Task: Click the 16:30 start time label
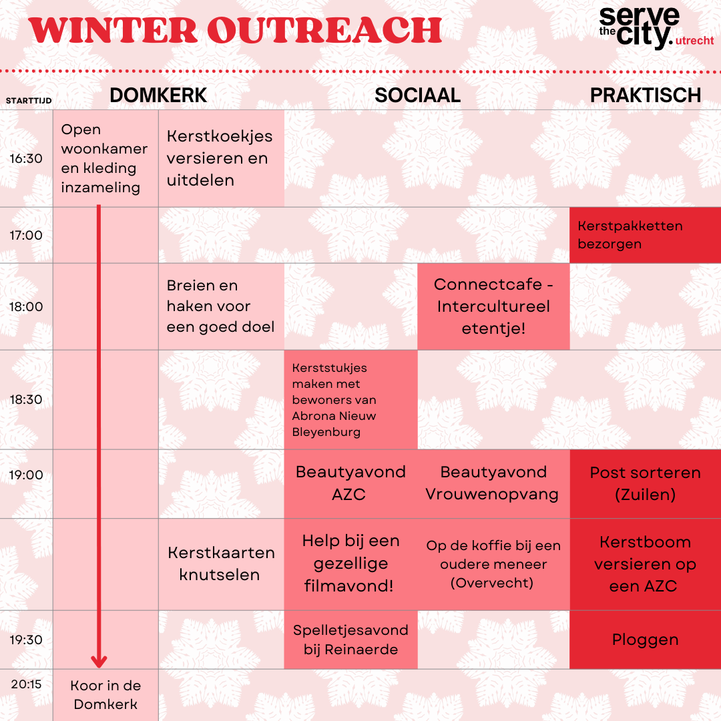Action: [26, 159]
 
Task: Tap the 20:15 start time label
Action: [26, 684]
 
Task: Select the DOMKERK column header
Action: [158, 95]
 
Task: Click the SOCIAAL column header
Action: [417, 95]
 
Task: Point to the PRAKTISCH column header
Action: [646, 95]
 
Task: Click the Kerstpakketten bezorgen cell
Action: [645, 235]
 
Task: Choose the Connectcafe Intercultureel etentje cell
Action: [493, 306]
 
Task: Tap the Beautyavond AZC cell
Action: [351, 484]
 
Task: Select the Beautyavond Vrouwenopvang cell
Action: [493, 484]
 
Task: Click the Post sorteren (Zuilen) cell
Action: [645, 484]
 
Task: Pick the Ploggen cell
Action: [645, 640]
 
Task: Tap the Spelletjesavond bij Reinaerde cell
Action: [351, 640]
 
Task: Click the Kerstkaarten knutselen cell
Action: [221, 564]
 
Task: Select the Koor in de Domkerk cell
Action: [105, 695]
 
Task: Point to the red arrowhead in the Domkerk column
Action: [99, 661]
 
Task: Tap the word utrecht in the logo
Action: [694, 41]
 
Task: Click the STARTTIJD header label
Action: [29, 101]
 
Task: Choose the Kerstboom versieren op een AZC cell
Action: [645, 564]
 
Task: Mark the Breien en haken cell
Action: [221, 306]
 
